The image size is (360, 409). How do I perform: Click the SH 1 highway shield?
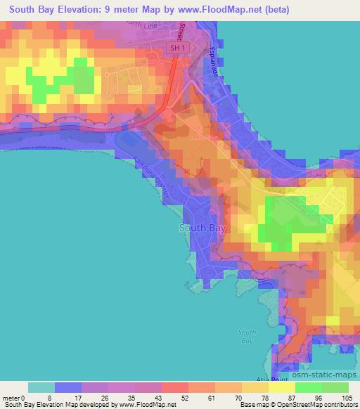point(178,48)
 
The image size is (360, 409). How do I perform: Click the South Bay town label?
point(202,228)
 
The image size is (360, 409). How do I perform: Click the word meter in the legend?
point(11,397)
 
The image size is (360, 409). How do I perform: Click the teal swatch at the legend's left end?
point(41,387)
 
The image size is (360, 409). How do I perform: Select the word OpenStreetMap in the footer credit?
point(298,405)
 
